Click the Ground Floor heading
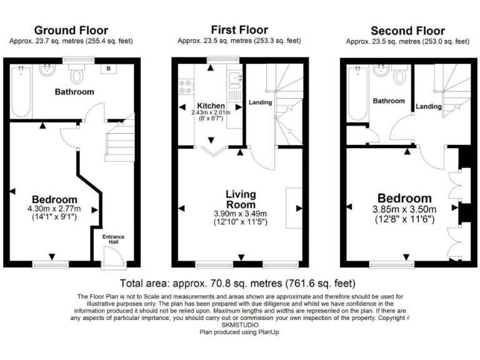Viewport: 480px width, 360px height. (x=71, y=31)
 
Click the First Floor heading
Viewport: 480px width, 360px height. (x=239, y=30)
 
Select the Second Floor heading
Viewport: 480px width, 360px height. (x=407, y=31)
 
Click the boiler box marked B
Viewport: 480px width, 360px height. (x=109, y=68)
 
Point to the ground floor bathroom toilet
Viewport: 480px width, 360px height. (x=77, y=75)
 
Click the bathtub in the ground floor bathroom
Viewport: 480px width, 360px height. (x=21, y=91)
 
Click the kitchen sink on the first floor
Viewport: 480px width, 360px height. (x=234, y=79)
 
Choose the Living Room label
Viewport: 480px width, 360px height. (x=241, y=199)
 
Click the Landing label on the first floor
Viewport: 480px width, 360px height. (x=260, y=102)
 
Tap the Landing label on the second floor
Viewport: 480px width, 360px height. (x=429, y=106)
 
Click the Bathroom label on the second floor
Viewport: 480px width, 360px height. (x=389, y=101)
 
